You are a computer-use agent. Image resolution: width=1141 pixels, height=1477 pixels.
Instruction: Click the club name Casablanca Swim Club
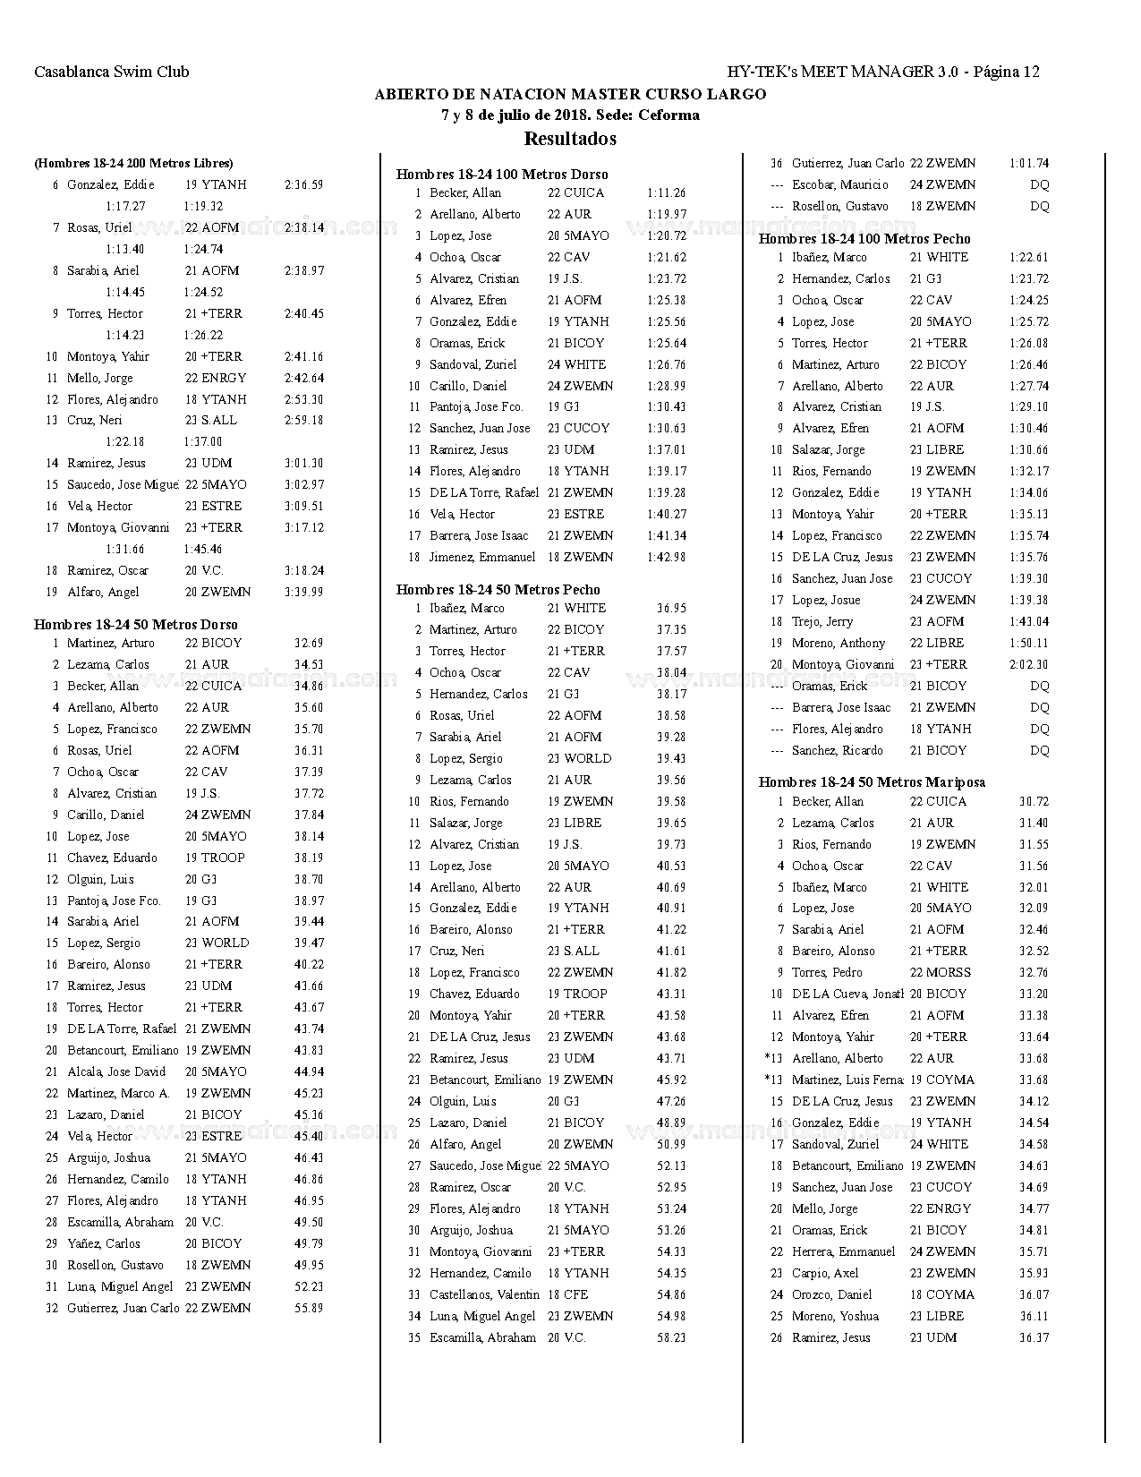(112, 73)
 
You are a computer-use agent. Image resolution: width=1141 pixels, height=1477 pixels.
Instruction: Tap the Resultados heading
(570, 139)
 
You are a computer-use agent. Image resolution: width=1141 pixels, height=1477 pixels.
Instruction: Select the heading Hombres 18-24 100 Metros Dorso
(502, 175)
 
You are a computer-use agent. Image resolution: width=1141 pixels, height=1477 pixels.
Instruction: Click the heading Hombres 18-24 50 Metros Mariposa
(872, 782)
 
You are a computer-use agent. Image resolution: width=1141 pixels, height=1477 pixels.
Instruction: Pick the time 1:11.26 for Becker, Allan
(666, 193)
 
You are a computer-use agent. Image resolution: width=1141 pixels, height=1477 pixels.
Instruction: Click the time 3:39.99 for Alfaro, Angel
(304, 593)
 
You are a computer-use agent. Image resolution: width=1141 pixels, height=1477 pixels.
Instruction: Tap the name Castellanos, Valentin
(484, 1295)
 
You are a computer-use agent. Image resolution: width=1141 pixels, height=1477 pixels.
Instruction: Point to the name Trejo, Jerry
(822, 622)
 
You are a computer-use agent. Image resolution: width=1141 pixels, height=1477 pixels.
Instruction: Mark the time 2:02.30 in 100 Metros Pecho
(1028, 665)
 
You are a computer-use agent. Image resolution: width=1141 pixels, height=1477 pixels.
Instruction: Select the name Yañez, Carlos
(104, 1244)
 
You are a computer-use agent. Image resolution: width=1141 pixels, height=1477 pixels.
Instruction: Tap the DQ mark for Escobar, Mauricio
(1039, 185)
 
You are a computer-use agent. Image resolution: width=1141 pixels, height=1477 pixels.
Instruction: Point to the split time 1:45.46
(203, 550)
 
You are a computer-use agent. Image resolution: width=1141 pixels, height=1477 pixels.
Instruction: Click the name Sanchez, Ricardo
(837, 751)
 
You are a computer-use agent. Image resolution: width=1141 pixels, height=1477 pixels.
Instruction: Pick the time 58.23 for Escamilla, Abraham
(671, 1338)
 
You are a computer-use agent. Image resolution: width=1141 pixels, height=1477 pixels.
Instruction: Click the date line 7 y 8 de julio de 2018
(570, 115)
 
